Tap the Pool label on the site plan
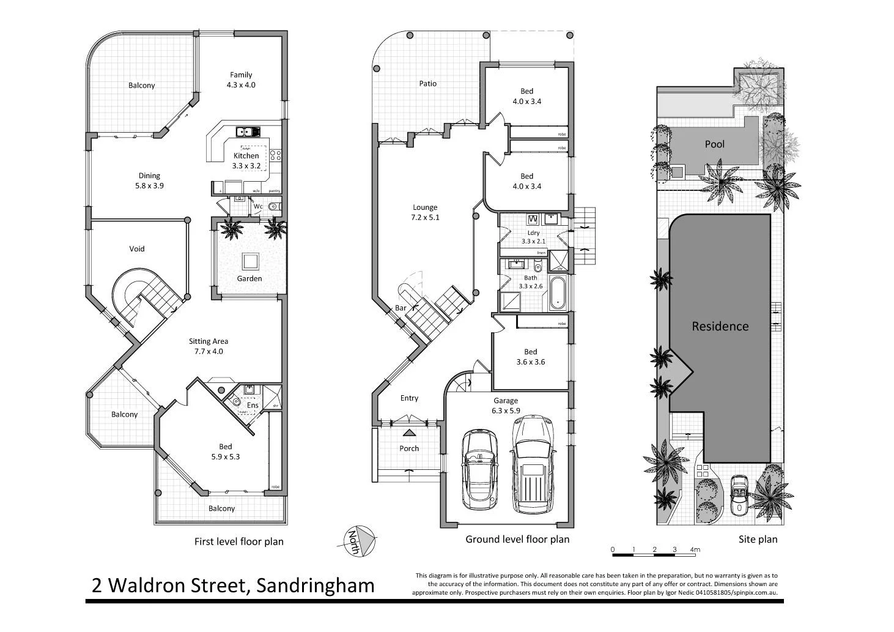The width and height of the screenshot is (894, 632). click(714, 144)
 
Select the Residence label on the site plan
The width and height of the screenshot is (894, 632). click(720, 327)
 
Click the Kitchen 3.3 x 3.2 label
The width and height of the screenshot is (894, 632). click(246, 161)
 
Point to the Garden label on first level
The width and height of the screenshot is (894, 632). click(249, 278)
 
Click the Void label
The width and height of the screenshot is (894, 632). click(137, 249)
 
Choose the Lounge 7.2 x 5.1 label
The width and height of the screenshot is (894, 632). click(425, 212)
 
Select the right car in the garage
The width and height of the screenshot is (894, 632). click(533, 466)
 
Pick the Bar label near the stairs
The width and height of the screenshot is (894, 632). click(401, 308)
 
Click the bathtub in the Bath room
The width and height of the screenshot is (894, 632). click(558, 294)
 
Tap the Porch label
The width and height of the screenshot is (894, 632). click(409, 448)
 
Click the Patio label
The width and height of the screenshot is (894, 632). click(428, 84)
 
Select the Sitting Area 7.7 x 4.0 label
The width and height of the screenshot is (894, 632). click(208, 346)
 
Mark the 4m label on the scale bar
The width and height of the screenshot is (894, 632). click(695, 549)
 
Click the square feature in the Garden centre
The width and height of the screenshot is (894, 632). click(249, 262)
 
